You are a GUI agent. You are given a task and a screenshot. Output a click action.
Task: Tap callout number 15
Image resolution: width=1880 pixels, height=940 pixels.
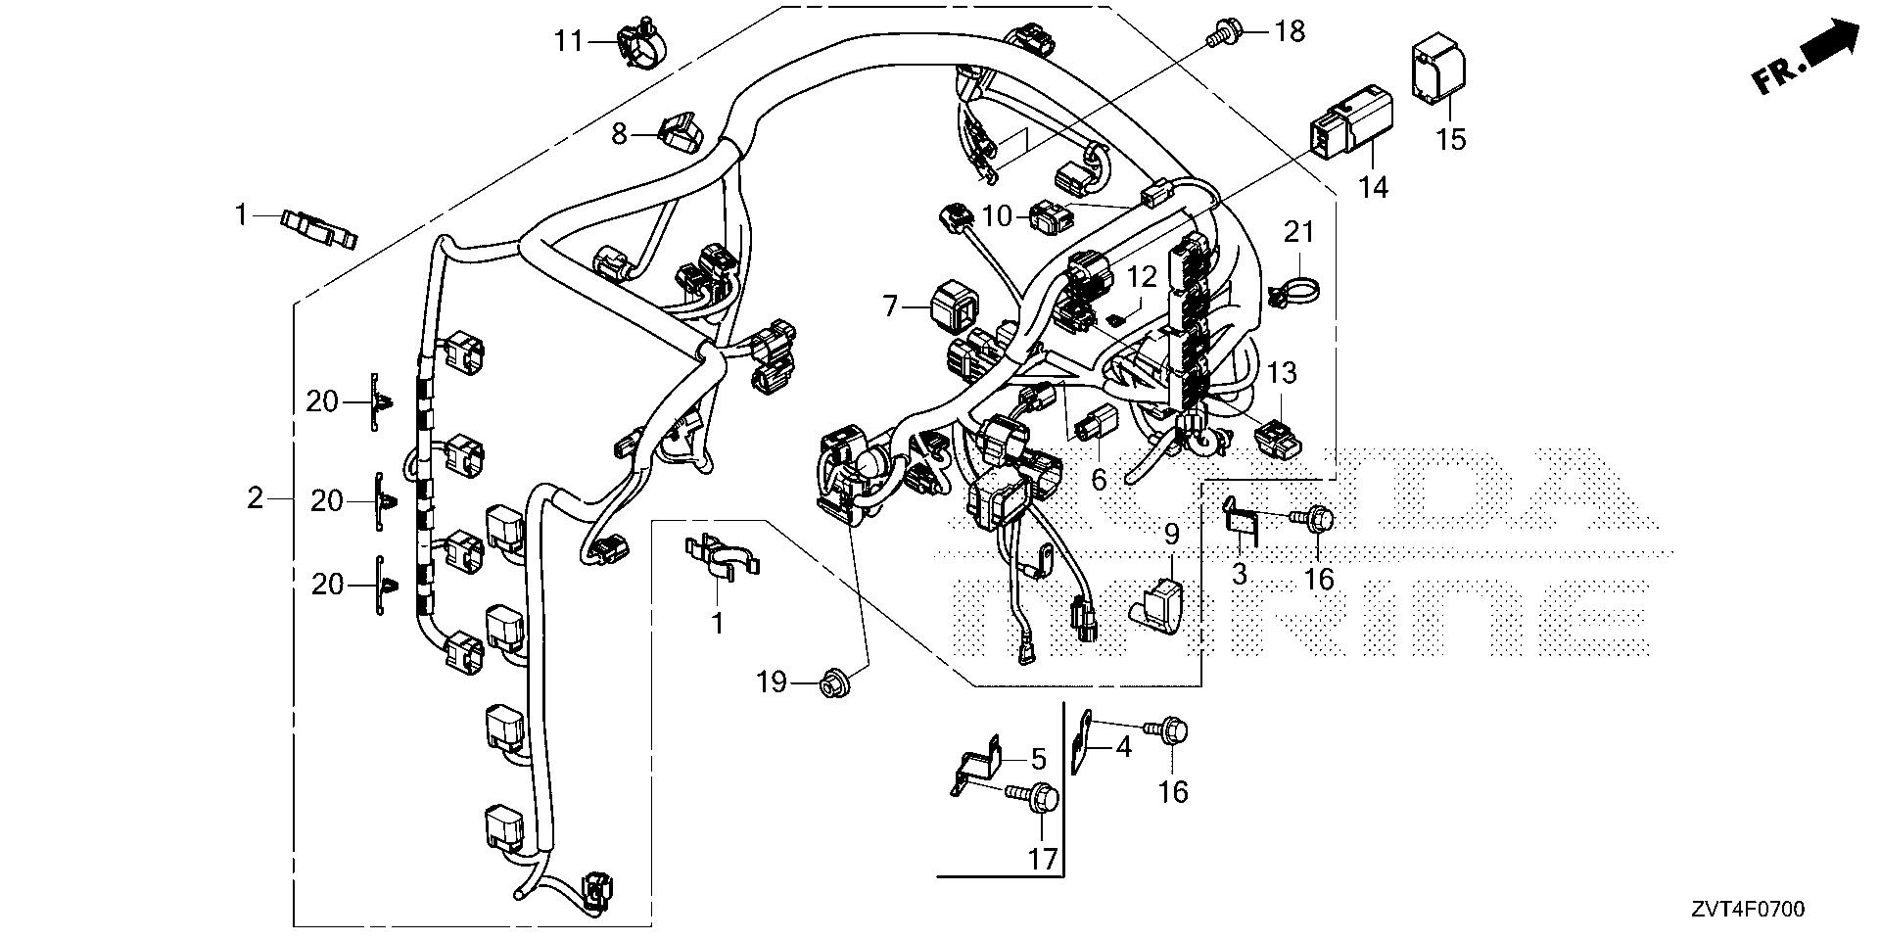pos(1451,139)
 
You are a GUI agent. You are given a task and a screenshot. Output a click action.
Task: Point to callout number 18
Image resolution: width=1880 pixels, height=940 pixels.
pos(1291,31)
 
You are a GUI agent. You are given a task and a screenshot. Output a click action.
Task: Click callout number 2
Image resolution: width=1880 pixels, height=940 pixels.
pos(256,498)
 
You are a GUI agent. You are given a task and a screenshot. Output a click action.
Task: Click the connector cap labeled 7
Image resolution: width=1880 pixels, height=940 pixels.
pos(949,306)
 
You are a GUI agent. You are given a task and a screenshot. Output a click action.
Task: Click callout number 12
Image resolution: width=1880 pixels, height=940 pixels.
pos(1142,277)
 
